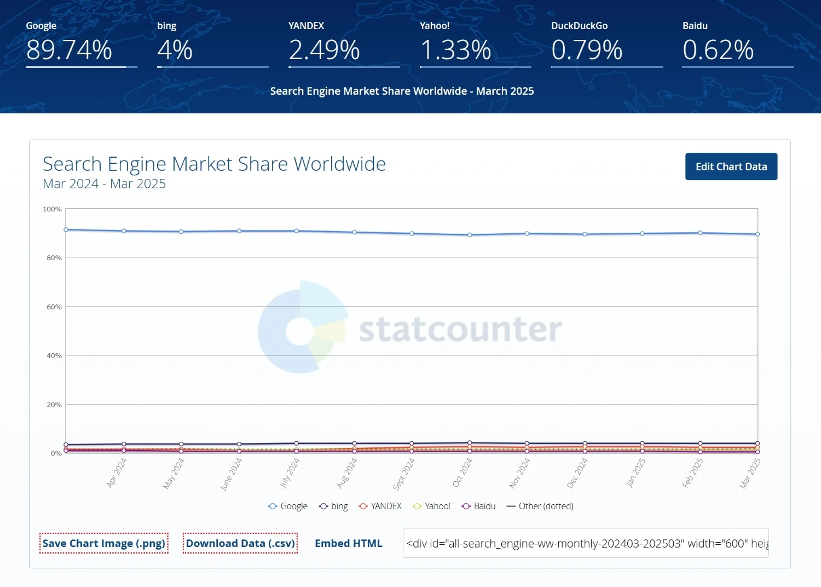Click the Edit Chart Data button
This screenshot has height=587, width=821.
(x=731, y=166)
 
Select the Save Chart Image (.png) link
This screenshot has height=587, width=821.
(x=103, y=543)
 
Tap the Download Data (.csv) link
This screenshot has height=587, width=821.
(x=240, y=543)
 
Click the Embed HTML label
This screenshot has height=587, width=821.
(x=348, y=543)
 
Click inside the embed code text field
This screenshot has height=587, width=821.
(x=586, y=543)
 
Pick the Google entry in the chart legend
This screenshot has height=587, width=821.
(x=288, y=507)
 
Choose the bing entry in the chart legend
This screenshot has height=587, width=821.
(x=334, y=507)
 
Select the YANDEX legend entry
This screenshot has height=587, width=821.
(x=380, y=507)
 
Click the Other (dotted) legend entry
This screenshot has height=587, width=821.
(x=540, y=507)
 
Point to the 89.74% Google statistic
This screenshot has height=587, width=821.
(x=69, y=50)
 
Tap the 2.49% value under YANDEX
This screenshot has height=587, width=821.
(x=324, y=50)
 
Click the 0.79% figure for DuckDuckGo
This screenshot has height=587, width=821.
(x=587, y=50)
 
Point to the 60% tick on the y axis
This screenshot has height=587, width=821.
(x=54, y=307)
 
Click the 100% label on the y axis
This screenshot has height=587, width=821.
(x=53, y=209)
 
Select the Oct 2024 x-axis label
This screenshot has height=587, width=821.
(x=462, y=472)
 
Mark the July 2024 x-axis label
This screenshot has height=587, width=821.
(x=290, y=473)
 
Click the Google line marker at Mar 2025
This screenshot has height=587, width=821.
(x=758, y=234)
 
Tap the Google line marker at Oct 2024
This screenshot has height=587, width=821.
(x=470, y=235)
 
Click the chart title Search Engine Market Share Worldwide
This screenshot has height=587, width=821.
(x=214, y=164)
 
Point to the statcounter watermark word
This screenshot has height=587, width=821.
(x=460, y=330)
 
